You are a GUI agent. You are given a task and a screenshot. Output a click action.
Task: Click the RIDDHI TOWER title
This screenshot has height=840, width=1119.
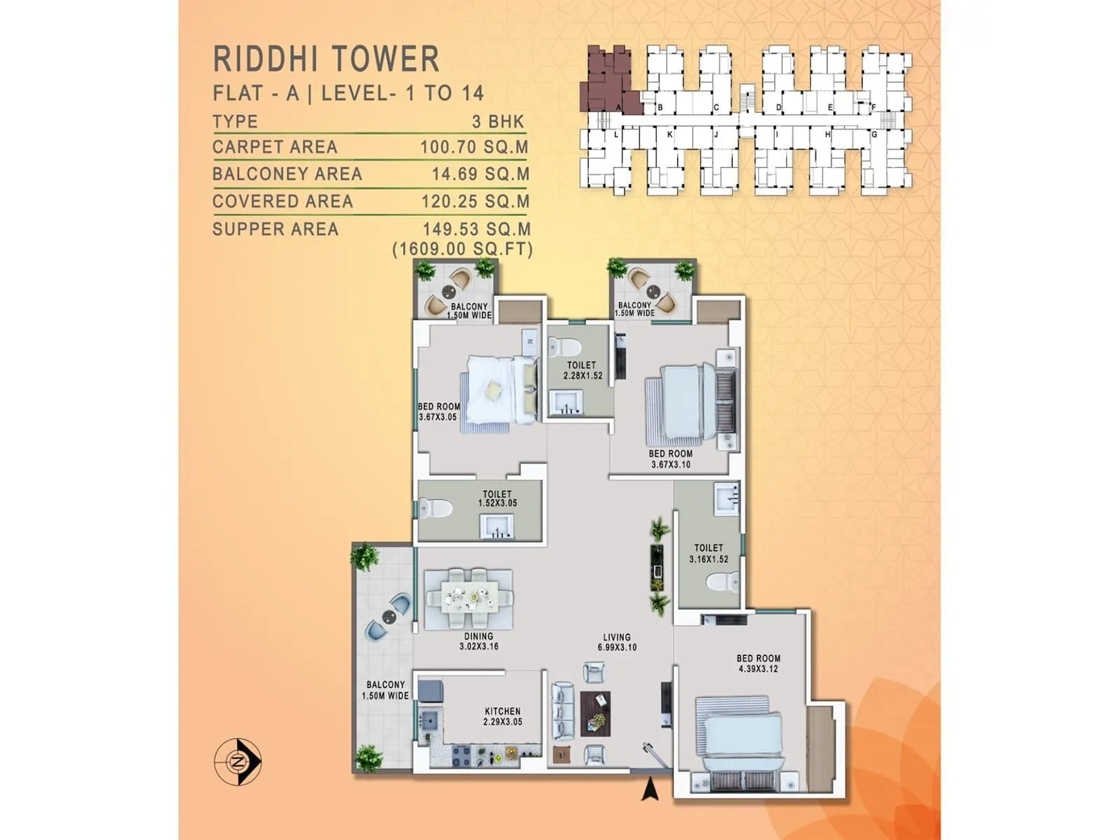tap(326, 59)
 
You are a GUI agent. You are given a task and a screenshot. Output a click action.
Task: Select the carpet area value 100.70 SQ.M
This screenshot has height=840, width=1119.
tap(474, 147)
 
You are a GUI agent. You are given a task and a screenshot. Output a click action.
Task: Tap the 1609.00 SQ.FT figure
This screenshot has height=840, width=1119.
tap(462, 249)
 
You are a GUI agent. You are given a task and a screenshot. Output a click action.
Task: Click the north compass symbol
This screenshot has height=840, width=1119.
tap(238, 760)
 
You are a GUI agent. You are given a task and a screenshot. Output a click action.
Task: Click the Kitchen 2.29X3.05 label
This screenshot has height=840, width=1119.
tap(502, 716)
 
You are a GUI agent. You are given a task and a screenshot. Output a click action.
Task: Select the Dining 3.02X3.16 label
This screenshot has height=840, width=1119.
tap(479, 641)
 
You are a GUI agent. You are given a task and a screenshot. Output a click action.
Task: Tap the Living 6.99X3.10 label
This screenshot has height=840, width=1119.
tap(617, 642)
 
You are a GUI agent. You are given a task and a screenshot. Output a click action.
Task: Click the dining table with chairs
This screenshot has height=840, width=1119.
tap(469, 598)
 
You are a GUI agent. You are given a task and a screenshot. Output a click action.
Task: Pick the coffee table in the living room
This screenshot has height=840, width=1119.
tap(595, 713)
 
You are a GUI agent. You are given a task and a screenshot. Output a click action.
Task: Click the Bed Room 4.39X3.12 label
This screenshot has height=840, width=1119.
tap(758, 663)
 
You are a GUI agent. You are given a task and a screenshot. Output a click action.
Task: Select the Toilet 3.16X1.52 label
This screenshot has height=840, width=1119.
tap(708, 553)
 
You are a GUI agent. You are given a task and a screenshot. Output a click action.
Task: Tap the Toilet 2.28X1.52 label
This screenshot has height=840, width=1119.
tap(582, 370)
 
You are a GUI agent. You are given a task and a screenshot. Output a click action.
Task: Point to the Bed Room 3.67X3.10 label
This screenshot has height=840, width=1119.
tap(670, 458)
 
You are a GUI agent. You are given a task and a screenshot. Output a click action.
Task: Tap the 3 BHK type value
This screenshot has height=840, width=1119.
tap(498, 122)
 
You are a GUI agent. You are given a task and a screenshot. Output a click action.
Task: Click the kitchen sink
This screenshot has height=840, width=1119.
tap(428, 719)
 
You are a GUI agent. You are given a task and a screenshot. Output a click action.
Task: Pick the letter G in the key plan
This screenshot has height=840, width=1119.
tap(874, 134)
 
